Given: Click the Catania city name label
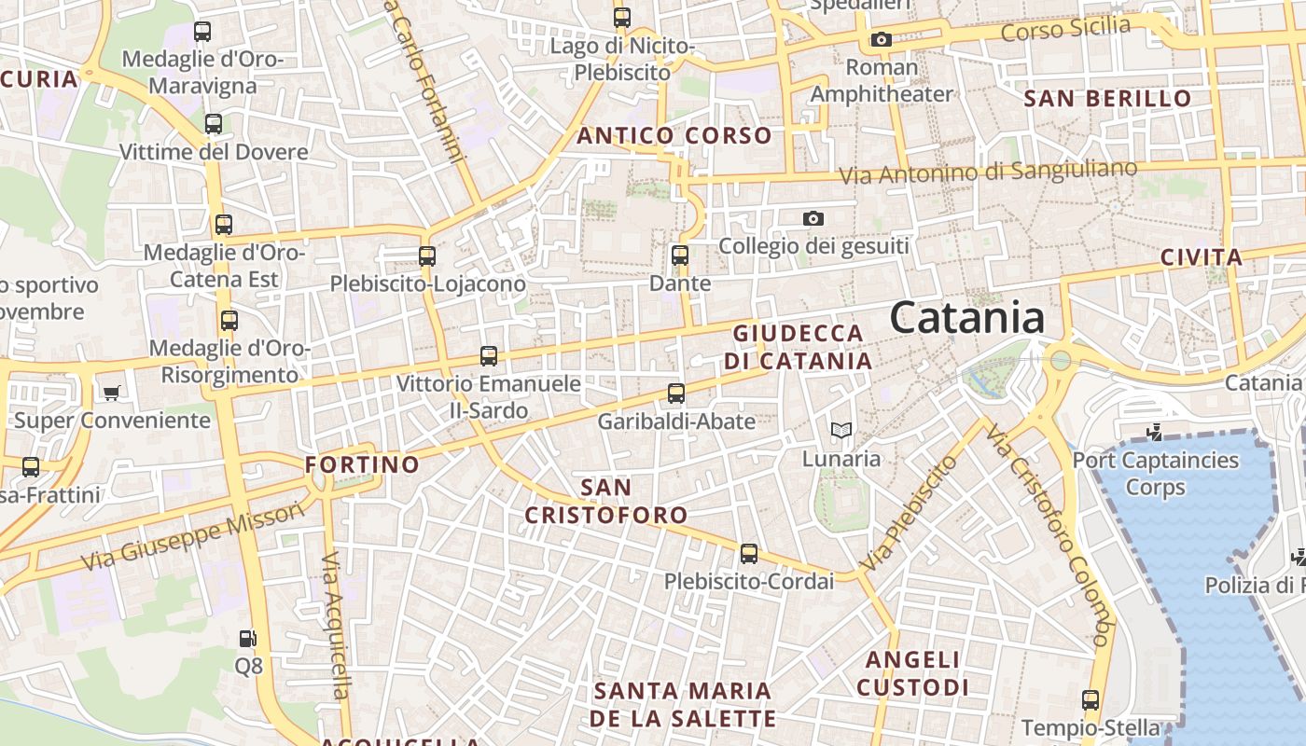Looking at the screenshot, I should pyautogui.click(x=966, y=318).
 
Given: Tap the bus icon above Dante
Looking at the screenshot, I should pyautogui.click(x=680, y=255).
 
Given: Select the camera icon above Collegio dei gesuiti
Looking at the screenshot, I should pyautogui.click(x=813, y=218).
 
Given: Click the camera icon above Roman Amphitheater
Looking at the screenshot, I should pyautogui.click(x=881, y=39).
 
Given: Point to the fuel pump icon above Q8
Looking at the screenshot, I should pyautogui.click(x=248, y=639).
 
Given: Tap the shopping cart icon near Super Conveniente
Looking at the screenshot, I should pyautogui.click(x=112, y=393).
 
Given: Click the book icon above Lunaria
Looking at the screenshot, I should pyautogui.click(x=841, y=430).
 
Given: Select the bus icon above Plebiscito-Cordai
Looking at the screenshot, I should pyautogui.click(x=749, y=554).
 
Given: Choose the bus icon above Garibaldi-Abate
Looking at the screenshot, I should pyautogui.click(x=676, y=394).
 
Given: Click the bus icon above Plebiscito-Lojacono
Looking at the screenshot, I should pyautogui.click(x=427, y=256).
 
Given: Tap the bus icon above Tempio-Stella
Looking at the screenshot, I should pyautogui.click(x=1091, y=699).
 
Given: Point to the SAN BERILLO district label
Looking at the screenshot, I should pyautogui.click(x=1107, y=99).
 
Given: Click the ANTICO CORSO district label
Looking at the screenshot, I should pyautogui.click(x=674, y=136).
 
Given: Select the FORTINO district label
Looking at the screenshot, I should pyautogui.click(x=363, y=464).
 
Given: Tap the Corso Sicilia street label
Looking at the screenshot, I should pyautogui.click(x=1065, y=29).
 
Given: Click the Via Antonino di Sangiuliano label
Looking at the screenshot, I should pyautogui.click(x=988, y=172).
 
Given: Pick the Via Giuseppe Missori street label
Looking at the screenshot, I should pyautogui.click(x=193, y=536).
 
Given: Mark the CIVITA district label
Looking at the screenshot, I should pyautogui.click(x=1202, y=257).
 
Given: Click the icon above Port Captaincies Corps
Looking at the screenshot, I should pyautogui.click(x=1155, y=432).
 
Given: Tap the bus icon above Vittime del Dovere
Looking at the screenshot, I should pyautogui.click(x=214, y=123).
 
